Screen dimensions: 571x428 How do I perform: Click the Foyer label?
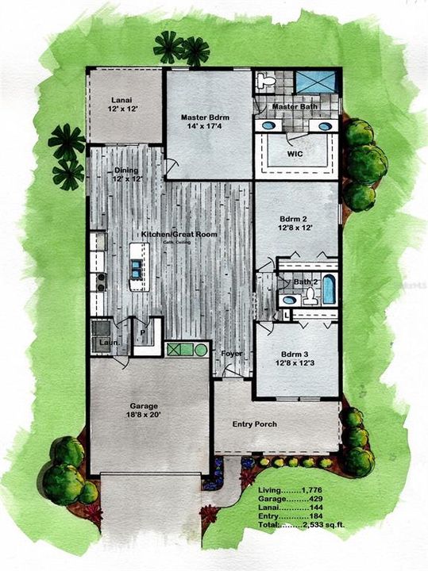coord(231,354)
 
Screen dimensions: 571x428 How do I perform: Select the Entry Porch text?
coord(254,424)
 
